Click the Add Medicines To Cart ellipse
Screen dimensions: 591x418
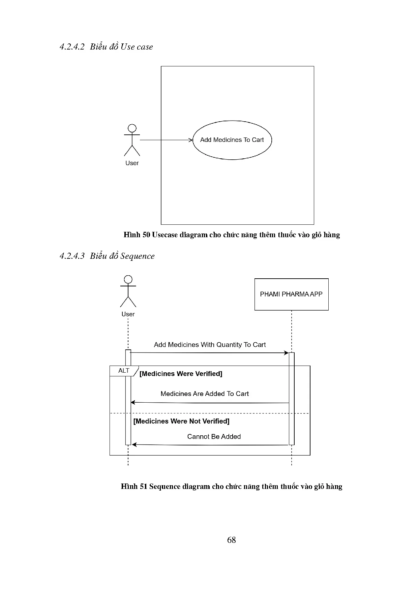click(232, 140)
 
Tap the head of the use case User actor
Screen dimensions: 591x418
click(132, 128)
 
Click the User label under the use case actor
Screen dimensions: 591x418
click(132, 163)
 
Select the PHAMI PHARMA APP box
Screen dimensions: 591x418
click(291, 294)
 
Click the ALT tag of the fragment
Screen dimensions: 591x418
click(124, 371)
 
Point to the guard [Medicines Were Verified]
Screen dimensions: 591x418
click(181, 374)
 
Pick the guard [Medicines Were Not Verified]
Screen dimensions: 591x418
click(181, 421)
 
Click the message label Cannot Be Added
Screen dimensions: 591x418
click(214, 437)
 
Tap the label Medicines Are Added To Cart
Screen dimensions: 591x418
click(205, 394)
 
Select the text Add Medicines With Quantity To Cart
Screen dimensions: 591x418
click(210, 345)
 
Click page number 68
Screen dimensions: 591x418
click(232, 540)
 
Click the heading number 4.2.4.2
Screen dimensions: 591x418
click(72, 47)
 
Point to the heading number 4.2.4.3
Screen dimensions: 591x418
click(72, 256)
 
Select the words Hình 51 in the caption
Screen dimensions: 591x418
click(134, 487)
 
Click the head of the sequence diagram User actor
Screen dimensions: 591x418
click(128, 279)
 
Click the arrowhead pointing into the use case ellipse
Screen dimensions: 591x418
click(190, 140)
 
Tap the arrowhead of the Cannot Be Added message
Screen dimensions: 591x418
click(134, 445)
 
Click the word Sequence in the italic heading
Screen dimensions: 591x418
click(138, 256)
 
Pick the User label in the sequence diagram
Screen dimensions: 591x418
click(128, 314)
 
